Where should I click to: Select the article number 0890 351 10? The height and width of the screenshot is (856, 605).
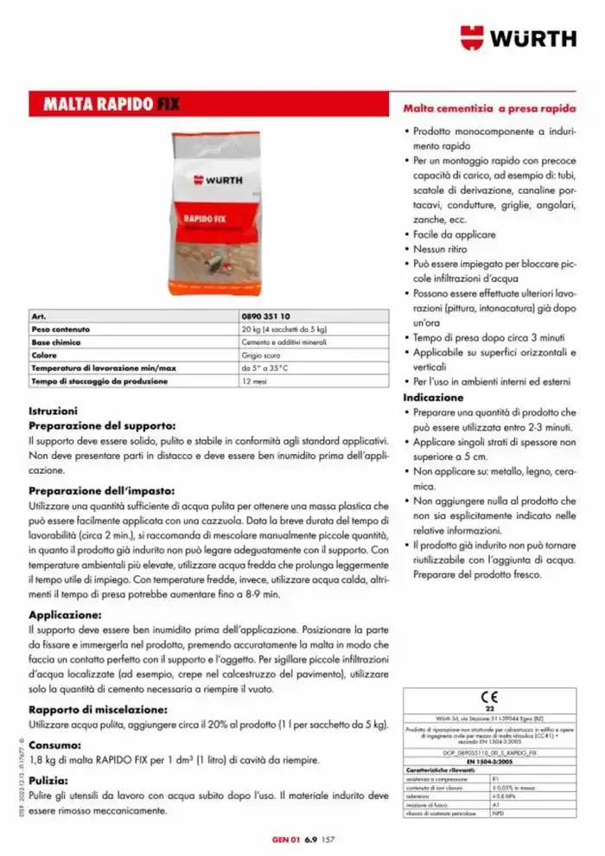tap(266, 317)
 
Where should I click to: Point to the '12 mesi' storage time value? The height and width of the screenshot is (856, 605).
tap(254, 380)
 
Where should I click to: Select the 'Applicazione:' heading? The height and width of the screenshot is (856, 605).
tap(66, 614)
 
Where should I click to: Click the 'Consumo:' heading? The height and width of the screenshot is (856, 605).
tap(55, 744)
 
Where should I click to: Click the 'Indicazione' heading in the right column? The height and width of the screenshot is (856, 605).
tap(433, 397)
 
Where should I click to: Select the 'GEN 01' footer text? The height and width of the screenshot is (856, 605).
tap(285, 839)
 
